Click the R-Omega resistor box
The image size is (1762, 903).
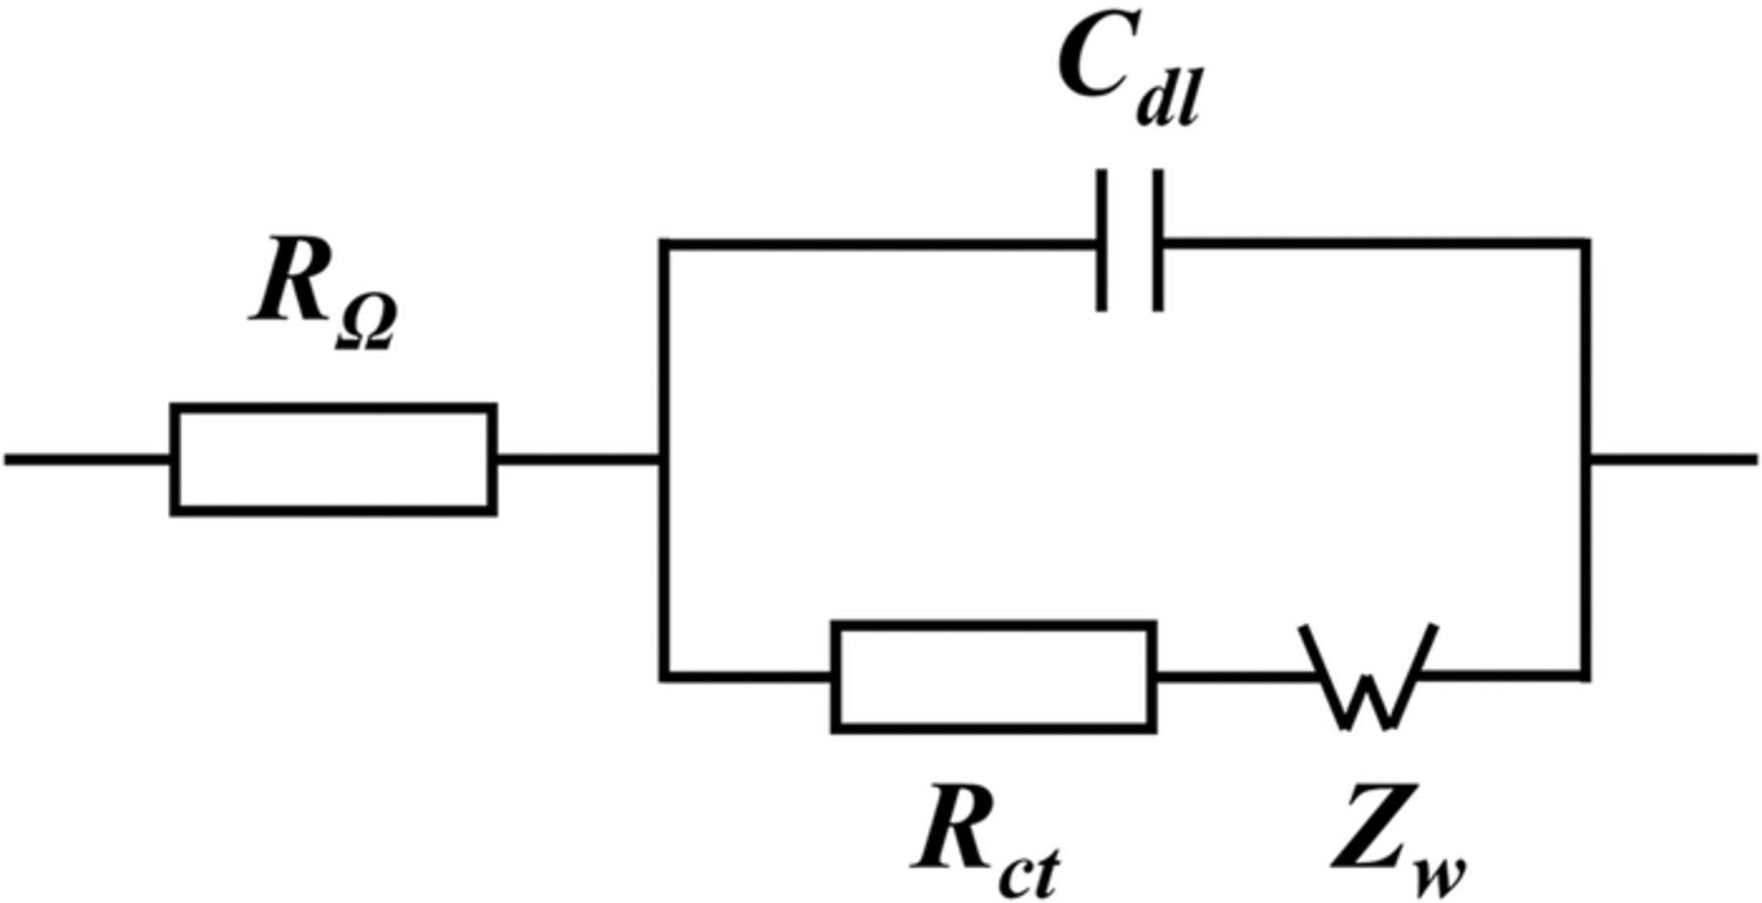pos(333,458)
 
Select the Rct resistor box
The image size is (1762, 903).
pos(994,676)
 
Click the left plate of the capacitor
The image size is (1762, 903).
pos(1101,241)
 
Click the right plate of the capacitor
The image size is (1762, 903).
pos(1159,241)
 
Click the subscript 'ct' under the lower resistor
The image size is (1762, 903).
pos(1028,871)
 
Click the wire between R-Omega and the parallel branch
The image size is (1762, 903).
pos(578,458)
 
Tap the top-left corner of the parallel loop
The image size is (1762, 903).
pos(665,243)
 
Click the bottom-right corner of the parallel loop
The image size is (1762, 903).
pos(1585,675)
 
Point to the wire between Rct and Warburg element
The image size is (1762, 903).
pos(1229,676)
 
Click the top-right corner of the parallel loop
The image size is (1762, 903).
pos(1585,243)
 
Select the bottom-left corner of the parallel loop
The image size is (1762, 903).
pos(665,675)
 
